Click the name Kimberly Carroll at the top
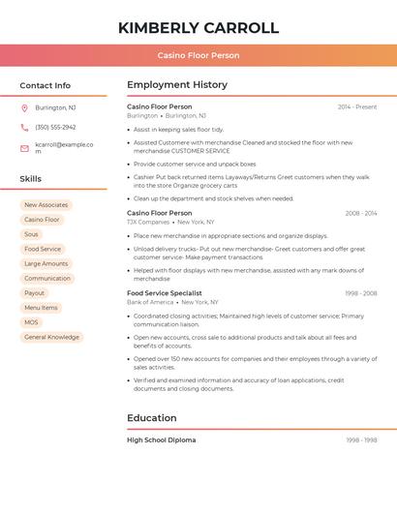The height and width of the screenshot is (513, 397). (198, 28)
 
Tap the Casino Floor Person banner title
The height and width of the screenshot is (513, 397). (198, 55)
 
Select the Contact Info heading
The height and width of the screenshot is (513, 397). (46, 85)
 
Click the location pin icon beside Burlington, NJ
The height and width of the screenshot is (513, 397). (24, 107)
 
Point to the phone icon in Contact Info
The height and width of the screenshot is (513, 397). (24, 127)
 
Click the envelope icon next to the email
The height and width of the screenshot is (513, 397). (24, 148)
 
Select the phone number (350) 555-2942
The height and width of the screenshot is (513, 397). (55, 127)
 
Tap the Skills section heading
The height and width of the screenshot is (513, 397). (31, 179)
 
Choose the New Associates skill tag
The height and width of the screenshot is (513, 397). (46, 205)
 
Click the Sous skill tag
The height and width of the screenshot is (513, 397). (32, 234)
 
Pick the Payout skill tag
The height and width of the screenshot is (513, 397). (35, 293)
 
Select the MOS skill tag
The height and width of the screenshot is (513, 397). (32, 322)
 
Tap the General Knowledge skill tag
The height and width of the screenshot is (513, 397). (51, 337)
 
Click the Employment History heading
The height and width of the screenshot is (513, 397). (177, 85)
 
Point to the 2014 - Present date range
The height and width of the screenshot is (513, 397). (357, 106)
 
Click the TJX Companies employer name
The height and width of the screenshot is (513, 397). (148, 222)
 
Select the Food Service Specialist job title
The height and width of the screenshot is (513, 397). (165, 292)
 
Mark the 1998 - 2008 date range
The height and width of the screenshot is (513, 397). (360, 292)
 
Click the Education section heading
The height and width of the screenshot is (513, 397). (152, 418)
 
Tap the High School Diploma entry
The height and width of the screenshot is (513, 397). (162, 440)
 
